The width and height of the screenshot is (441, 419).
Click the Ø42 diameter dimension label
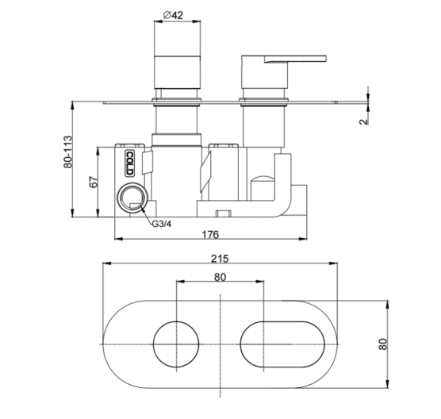173,14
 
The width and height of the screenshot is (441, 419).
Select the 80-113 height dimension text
67,152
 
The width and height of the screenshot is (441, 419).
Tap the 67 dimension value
94,182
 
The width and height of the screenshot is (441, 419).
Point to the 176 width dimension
210,234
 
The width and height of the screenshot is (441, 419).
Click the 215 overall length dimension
220,259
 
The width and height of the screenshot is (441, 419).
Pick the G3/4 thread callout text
162,224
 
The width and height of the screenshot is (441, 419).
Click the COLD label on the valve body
129,163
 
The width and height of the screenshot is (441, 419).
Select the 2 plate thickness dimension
363,121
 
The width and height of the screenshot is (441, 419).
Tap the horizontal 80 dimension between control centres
220,277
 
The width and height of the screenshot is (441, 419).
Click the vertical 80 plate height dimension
383,344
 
